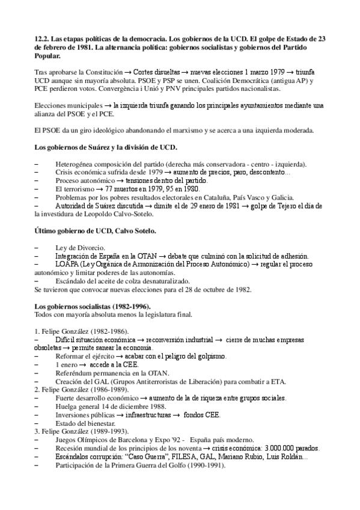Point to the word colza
click(133, 281)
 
